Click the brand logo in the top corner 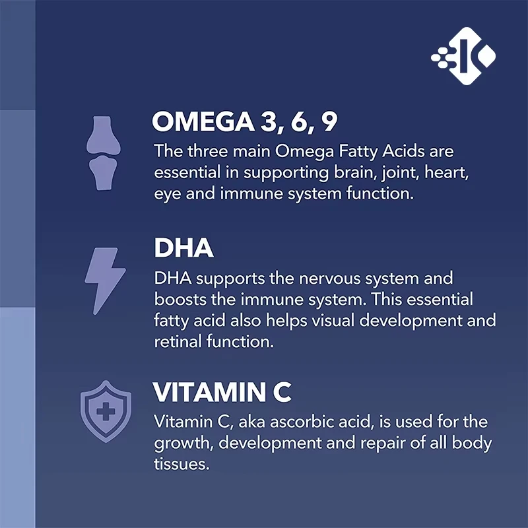(464, 57)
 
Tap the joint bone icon (103, 153)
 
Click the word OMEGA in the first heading (196, 123)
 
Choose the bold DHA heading (184, 249)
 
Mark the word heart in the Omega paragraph (451, 173)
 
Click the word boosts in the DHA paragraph (178, 300)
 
